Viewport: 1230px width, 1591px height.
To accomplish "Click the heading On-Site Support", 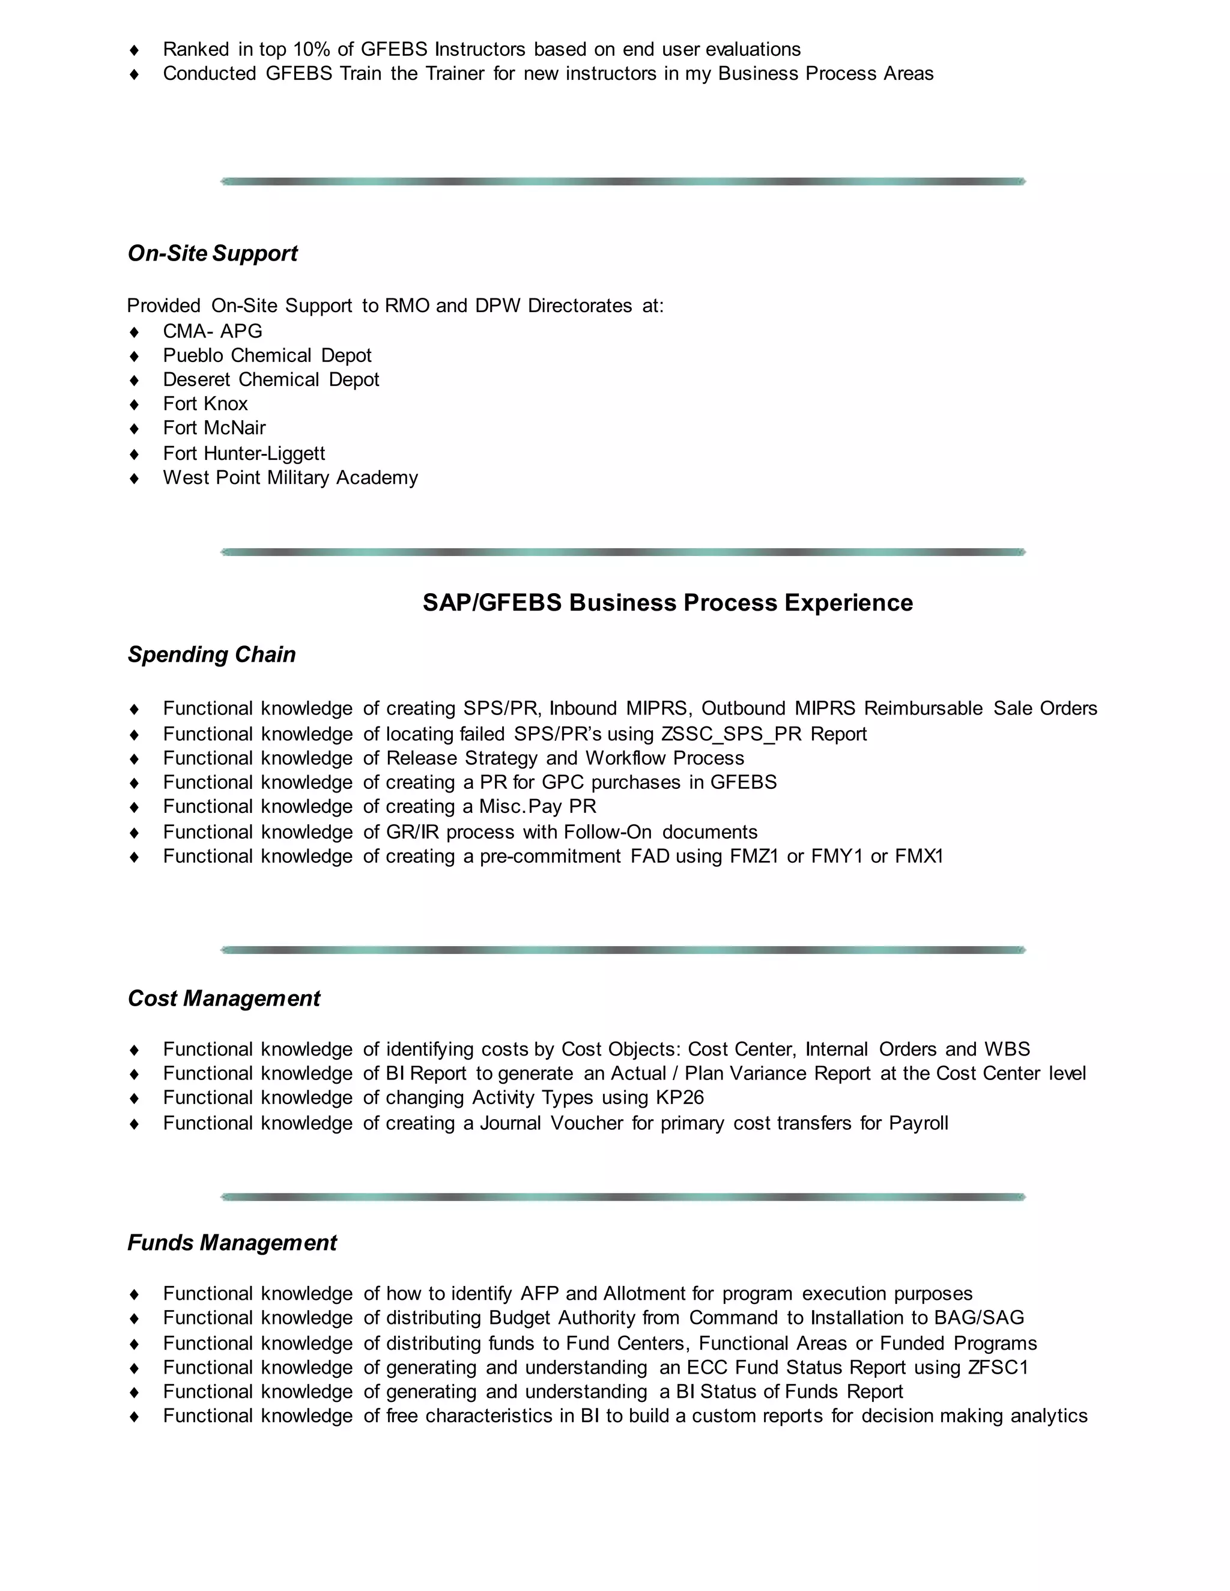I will tap(212, 253).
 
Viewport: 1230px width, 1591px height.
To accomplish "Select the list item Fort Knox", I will tap(205, 403).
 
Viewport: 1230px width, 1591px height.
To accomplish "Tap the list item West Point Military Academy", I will tap(290, 478).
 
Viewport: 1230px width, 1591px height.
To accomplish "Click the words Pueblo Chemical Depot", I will tap(267, 355).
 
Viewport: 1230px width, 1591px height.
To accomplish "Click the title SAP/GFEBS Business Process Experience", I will tap(667, 602).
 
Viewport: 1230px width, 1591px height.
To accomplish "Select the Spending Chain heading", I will tap(211, 654).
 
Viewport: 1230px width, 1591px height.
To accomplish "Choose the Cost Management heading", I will tap(223, 998).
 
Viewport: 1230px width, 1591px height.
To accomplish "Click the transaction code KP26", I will tap(679, 1097).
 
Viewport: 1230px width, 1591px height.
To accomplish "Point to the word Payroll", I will tap(918, 1123).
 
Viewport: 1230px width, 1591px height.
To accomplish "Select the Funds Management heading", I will tap(232, 1242).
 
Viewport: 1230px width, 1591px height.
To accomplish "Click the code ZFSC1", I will tap(998, 1367).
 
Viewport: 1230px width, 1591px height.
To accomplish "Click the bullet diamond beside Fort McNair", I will tap(134, 428).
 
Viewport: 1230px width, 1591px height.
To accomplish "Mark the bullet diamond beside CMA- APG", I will tap(134, 331).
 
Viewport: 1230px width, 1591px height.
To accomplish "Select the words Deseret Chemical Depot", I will tap(271, 379).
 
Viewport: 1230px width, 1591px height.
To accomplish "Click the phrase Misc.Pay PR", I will tap(537, 806).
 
